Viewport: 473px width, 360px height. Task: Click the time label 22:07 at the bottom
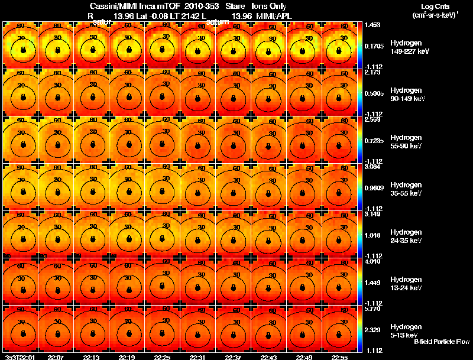(x=56, y=357)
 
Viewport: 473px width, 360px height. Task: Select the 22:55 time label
(x=339, y=357)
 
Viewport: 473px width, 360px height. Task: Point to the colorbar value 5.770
(x=372, y=309)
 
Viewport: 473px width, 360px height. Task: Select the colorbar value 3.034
(x=372, y=167)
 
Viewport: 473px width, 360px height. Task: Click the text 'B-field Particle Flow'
(x=442, y=342)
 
